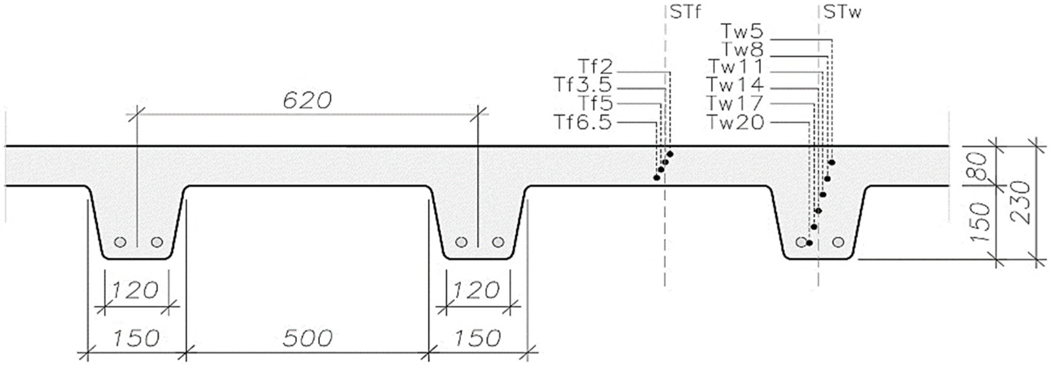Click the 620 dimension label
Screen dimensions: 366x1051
307,101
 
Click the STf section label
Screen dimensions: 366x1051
685,13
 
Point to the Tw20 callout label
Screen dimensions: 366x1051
735,122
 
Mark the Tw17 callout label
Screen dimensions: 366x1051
735,103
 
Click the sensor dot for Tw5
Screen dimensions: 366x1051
832,162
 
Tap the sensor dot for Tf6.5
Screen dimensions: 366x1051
656,178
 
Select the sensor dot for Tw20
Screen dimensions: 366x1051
809,243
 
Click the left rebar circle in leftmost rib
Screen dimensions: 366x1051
120,242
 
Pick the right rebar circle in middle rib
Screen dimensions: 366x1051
498,242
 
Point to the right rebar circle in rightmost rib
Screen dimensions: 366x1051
839,242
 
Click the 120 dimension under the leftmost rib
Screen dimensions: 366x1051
135,290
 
